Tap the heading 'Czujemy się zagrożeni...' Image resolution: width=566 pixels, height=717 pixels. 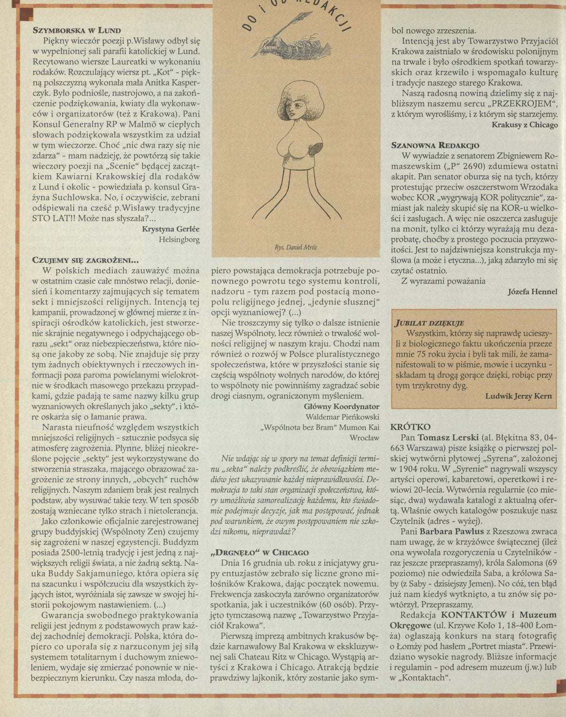(85, 260)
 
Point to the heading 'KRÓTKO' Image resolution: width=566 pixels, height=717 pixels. (410, 427)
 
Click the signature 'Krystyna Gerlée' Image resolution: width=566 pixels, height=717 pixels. (170, 229)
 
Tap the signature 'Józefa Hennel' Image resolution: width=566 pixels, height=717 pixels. (533, 292)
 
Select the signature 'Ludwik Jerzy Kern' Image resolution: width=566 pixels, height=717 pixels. (518, 396)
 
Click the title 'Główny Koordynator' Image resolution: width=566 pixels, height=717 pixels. (342, 406)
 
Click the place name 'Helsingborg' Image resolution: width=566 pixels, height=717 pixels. (180, 239)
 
